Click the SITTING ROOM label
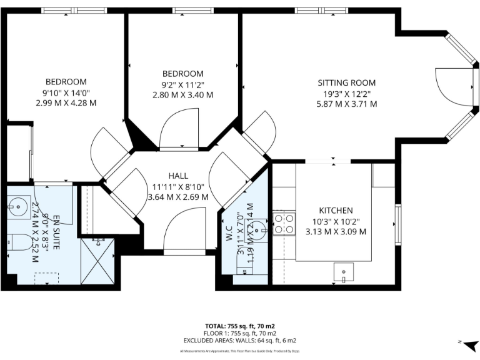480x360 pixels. pos(346,82)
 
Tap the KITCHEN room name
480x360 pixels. pos(336,211)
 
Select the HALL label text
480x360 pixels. pos(178,176)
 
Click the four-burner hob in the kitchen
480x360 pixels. pos(285,223)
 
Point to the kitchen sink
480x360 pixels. pos(343,272)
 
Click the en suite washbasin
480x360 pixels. pos(16,205)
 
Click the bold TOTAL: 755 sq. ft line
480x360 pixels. pos(240,325)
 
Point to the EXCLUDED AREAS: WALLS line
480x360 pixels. pos(240,341)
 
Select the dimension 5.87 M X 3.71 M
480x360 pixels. pos(346,104)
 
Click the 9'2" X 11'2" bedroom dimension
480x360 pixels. pos(182,84)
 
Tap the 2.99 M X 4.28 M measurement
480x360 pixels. pos(66,103)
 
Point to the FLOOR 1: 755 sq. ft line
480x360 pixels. pos(240,332)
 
